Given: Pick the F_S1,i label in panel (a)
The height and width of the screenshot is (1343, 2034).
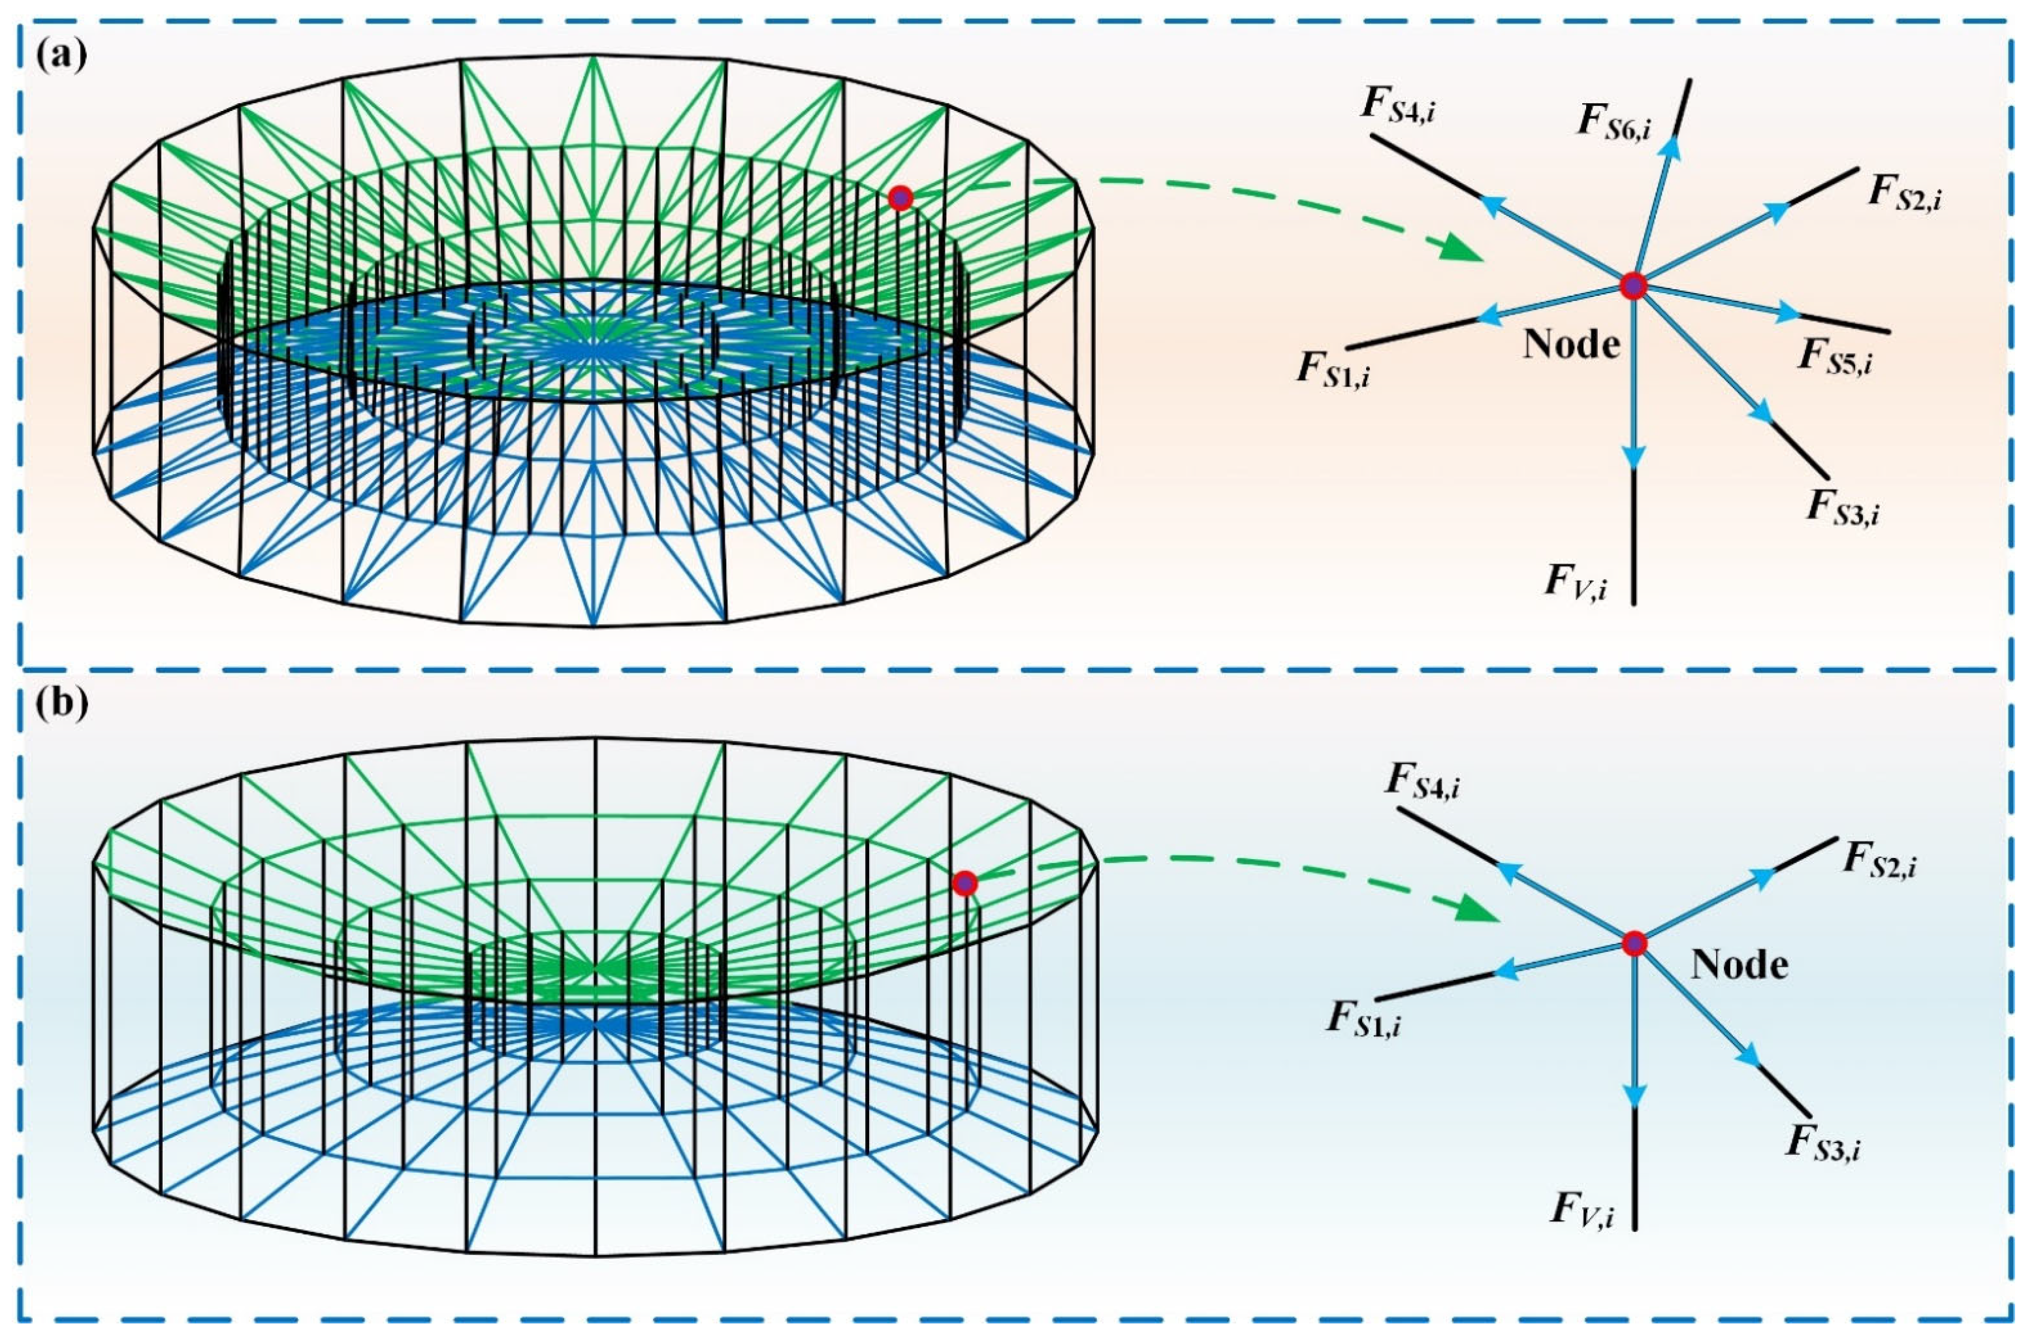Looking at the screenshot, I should (1333, 371).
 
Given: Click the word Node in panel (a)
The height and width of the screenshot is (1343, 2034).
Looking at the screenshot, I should (1572, 345).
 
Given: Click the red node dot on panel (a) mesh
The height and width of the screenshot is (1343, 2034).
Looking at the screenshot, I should (899, 198).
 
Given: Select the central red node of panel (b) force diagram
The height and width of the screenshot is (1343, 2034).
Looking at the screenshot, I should (1634, 943).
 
